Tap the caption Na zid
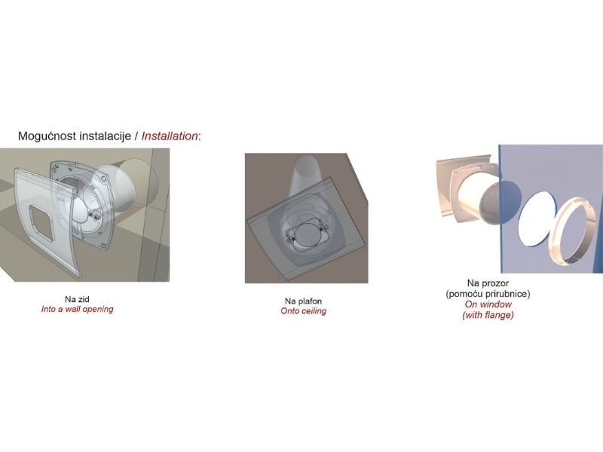tap(77, 299)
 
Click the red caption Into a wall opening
tap(77, 310)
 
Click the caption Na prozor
tap(488, 282)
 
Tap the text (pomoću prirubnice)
tap(488, 293)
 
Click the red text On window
tap(488, 304)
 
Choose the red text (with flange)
tap(488, 316)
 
